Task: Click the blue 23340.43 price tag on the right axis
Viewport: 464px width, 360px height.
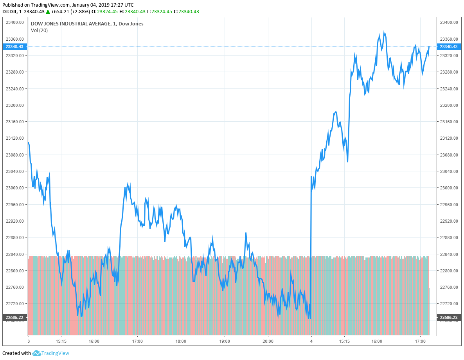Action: click(448, 47)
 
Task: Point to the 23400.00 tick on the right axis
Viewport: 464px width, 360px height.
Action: click(449, 22)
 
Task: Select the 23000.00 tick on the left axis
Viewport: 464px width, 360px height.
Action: click(15, 188)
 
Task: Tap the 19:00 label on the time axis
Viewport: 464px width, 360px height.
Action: click(224, 341)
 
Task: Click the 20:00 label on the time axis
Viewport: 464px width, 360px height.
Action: click(268, 341)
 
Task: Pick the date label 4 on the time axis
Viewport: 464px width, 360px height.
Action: click(311, 341)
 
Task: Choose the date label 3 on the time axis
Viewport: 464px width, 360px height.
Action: click(28, 341)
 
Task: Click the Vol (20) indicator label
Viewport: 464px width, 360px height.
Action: click(39, 30)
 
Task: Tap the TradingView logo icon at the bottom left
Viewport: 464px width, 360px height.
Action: click(36, 353)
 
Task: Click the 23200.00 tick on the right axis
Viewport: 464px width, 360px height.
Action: click(449, 105)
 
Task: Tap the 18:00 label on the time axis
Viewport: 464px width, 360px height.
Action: click(181, 341)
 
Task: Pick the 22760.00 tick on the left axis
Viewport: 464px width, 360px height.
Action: click(15, 287)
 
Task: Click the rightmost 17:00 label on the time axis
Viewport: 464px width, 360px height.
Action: click(420, 341)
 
